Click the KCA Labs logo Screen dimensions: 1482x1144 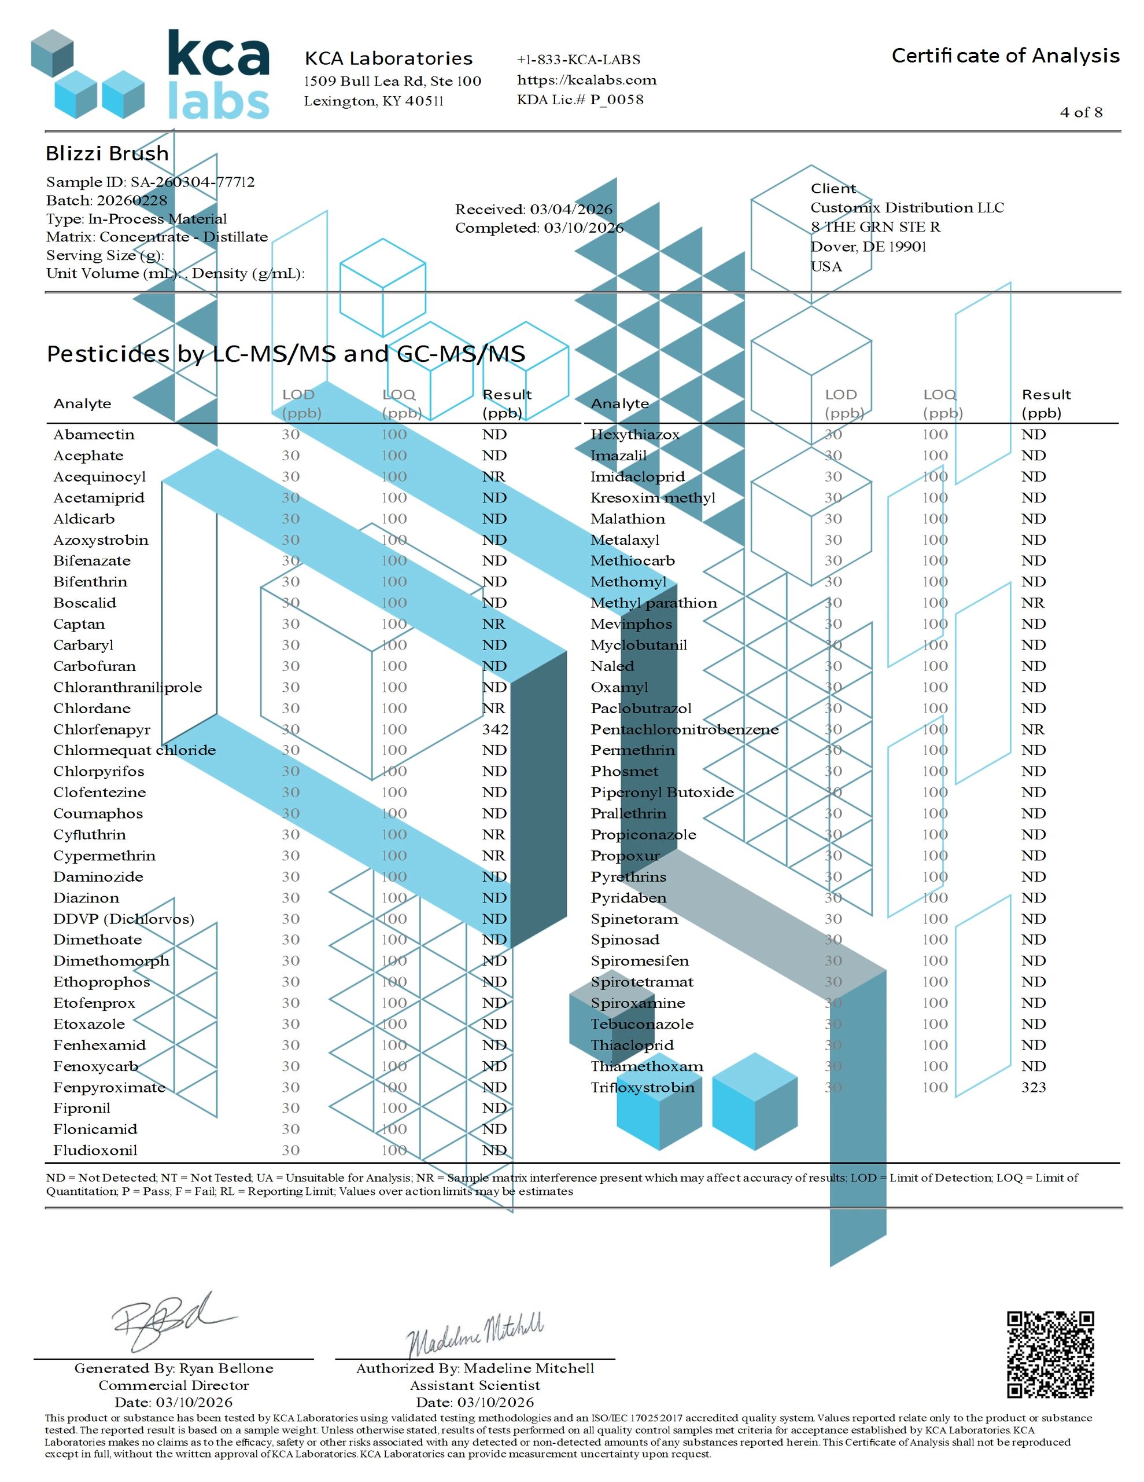(150, 75)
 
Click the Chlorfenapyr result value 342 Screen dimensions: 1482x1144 (495, 729)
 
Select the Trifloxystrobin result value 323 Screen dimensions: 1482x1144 (1034, 1087)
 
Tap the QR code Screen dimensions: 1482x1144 (1050, 1355)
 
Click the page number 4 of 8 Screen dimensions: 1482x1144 (1081, 113)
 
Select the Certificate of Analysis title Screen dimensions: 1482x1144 (1005, 56)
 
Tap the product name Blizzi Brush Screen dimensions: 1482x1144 (107, 153)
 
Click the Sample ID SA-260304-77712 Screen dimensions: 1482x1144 (150, 182)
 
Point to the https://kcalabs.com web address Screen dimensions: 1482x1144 (586, 80)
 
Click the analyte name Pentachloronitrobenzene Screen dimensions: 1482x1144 (684, 729)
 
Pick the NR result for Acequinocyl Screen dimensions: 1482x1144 (494, 476)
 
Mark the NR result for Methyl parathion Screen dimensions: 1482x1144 (1033, 603)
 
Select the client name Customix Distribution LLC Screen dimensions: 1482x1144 (907, 208)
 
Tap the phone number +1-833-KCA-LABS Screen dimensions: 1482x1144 (578, 60)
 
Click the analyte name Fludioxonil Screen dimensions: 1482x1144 (95, 1150)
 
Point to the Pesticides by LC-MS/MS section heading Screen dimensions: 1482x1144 (286, 354)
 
